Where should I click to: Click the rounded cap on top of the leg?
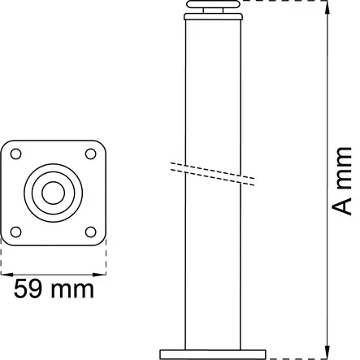214,10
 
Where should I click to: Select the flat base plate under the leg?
214,352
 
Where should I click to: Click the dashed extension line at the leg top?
284,2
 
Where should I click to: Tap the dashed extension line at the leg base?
297,357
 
